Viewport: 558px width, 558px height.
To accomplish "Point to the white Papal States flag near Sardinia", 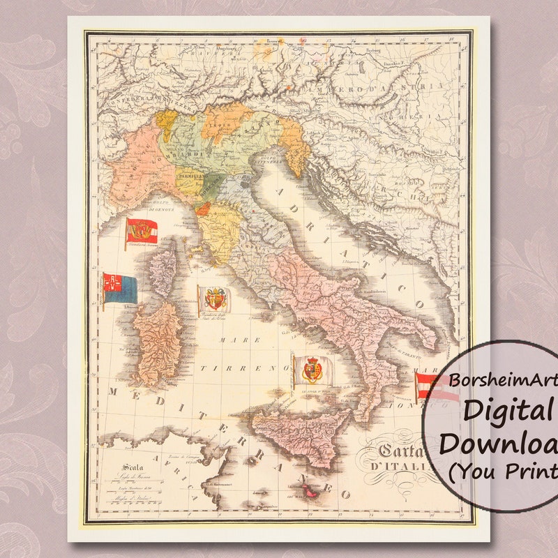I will [213, 299].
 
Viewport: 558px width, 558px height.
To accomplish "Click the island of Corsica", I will [165, 272].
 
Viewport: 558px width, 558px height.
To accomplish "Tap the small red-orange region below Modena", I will [202, 208].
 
